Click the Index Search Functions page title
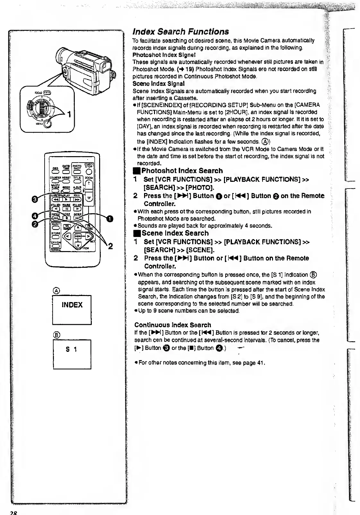pyautogui.click(x=181, y=31)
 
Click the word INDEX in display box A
pyautogui.click(x=72, y=305)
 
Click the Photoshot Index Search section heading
pyautogui.click(x=182, y=171)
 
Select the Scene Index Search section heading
pyautogui.click(x=175, y=233)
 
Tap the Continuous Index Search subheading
pyautogui.click(x=173, y=325)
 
